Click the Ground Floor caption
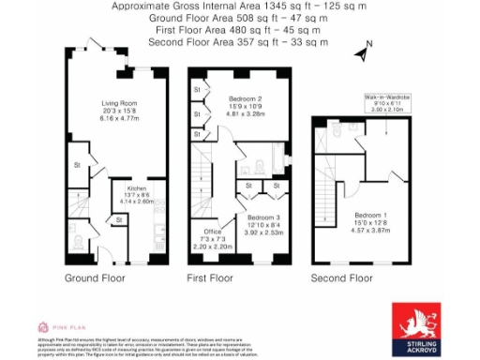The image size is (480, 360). [95, 278]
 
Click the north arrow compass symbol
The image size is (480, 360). [362, 51]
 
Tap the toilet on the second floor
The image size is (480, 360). [337, 134]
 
